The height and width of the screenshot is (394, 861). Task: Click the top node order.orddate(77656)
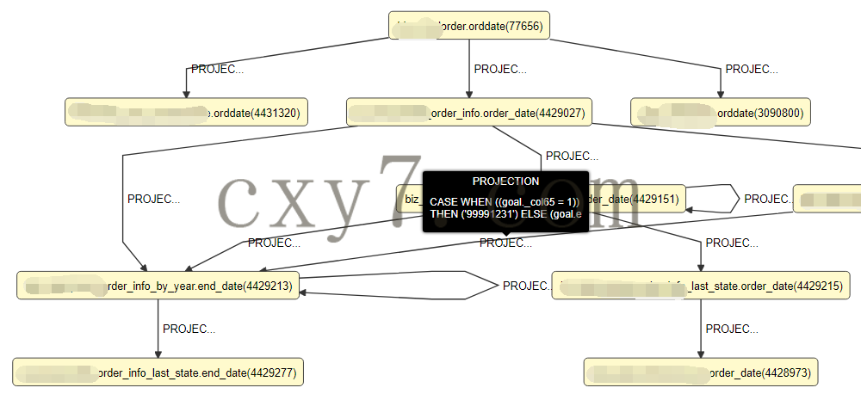point(469,26)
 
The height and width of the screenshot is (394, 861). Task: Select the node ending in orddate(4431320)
point(187,112)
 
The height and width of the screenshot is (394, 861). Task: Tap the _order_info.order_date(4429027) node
point(469,112)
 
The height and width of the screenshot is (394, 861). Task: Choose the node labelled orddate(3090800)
point(721,112)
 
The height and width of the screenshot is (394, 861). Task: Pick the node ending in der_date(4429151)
point(637,199)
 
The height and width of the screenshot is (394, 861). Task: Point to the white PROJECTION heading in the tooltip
point(505,182)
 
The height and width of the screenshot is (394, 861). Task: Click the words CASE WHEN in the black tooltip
point(458,200)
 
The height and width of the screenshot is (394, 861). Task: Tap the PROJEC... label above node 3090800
point(752,69)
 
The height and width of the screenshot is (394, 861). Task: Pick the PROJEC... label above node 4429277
point(189,329)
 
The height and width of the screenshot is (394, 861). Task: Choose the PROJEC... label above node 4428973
point(732,329)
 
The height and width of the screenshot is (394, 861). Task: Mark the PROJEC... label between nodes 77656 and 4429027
point(499,69)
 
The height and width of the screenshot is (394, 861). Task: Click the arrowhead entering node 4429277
point(158,354)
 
